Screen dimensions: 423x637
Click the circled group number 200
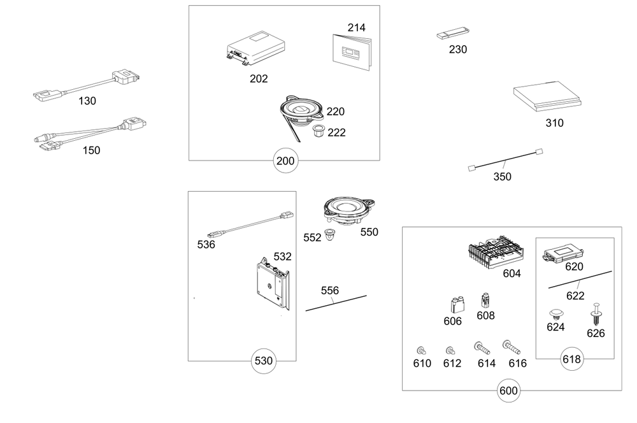[x=285, y=161]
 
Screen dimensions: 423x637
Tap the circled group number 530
[x=264, y=361]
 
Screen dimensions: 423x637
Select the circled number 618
[x=572, y=359]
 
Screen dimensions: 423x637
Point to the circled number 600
[x=509, y=391]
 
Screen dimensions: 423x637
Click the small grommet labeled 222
[x=318, y=131]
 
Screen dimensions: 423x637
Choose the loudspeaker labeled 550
[x=348, y=210]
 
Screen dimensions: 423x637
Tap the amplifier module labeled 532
[x=272, y=283]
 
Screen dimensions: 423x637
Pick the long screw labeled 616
[x=511, y=347]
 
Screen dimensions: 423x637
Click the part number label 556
[x=330, y=290]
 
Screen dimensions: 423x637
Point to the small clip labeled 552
[x=331, y=234]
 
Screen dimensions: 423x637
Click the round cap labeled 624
[x=557, y=314]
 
